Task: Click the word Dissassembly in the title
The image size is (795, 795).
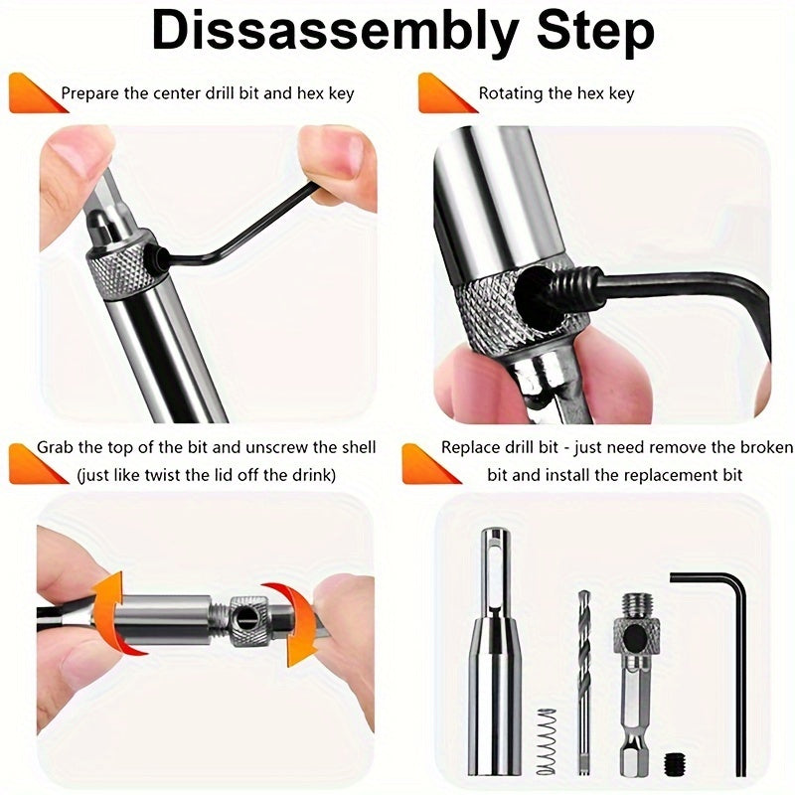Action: point(328,33)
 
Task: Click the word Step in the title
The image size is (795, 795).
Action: point(588,33)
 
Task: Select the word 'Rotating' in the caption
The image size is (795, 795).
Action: point(510,93)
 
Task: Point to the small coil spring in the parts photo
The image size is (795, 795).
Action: point(545,739)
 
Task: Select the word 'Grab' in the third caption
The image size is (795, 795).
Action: point(57,447)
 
